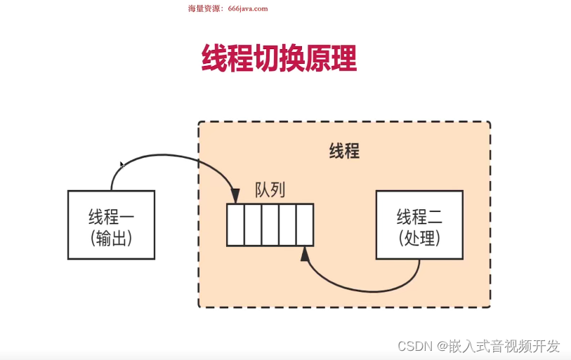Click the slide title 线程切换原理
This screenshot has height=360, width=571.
pos(279,59)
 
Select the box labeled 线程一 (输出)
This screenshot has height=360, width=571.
pos(112,223)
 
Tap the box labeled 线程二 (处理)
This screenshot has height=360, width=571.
pos(419,223)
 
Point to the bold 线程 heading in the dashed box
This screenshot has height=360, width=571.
pos(344,151)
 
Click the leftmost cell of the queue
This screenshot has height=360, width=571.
pos(235,225)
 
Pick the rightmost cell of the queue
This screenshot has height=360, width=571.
pos(304,225)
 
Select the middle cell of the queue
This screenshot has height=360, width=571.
pos(270,225)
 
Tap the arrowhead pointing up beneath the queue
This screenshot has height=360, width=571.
pos(304,253)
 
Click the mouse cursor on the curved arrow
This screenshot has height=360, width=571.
pos(122,165)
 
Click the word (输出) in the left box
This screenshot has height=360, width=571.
pos(112,238)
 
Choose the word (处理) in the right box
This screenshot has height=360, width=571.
pos(419,238)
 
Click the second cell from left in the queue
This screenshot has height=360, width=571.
pos(253,225)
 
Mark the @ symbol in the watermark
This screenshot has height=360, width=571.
pos(442,346)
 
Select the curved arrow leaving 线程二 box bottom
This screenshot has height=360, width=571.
pos(379,287)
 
